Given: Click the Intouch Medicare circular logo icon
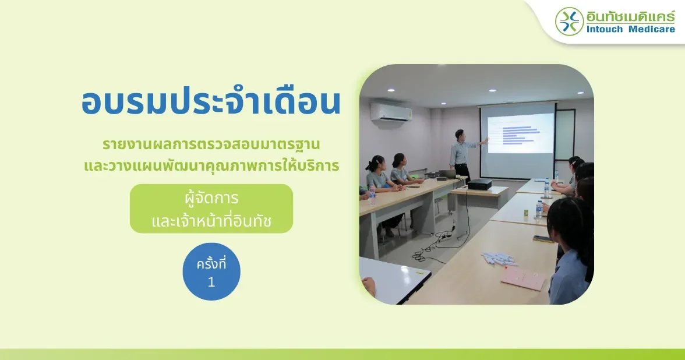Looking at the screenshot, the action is (x=569, y=22).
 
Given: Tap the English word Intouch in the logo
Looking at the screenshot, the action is (x=606, y=29).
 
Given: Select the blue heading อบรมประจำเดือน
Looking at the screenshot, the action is (x=211, y=102).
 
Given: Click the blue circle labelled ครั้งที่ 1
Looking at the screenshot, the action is (x=211, y=271).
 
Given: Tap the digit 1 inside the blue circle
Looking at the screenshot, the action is (x=211, y=282).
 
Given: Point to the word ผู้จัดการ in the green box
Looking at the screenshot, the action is (x=211, y=198).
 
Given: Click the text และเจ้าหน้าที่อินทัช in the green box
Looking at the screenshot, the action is (x=211, y=221).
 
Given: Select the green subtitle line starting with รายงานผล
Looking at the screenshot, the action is (x=211, y=144).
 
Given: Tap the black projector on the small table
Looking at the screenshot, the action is (x=480, y=184).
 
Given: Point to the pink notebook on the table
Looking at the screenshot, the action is (x=523, y=278).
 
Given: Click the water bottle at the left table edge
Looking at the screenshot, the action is (x=372, y=195).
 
